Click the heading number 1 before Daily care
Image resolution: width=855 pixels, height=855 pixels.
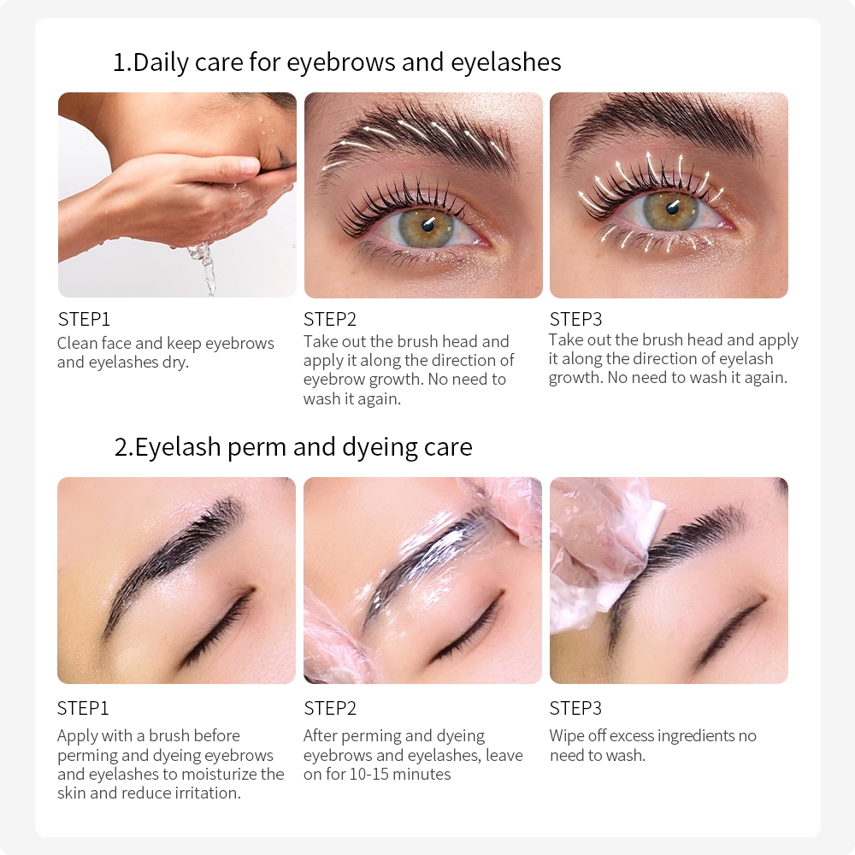(x=120, y=62)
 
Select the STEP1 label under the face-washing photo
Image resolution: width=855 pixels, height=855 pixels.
(x=84, y=320)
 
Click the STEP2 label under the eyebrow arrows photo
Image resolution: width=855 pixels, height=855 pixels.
(x=330, y=320)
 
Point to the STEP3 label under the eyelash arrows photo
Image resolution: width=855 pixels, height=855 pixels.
(x=575, y=320)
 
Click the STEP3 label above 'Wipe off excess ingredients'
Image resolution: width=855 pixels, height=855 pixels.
(x=575, y=708)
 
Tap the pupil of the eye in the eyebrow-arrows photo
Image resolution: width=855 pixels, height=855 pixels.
(x=427, y=223)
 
